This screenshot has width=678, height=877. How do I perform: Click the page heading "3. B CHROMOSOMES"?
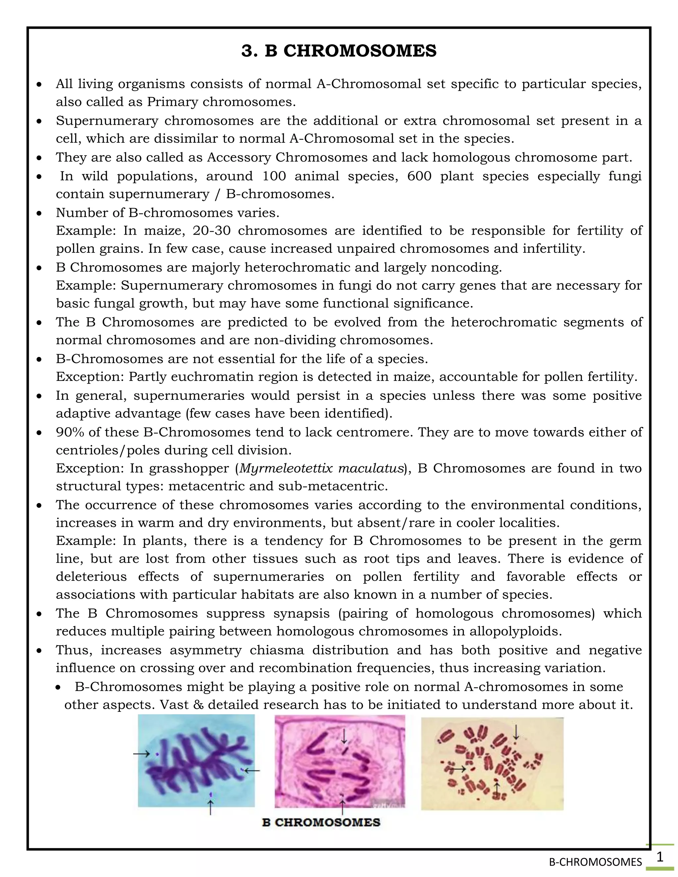pos(339,51)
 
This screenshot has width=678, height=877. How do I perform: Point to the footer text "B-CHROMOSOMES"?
pos(595,862)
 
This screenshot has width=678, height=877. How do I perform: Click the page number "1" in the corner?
pos(659,857)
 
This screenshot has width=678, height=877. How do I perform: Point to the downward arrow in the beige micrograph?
pos(516,732)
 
